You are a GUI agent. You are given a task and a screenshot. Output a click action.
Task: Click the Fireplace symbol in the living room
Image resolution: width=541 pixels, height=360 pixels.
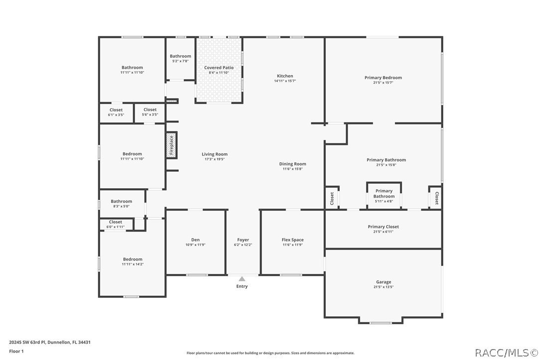click(x=171, y=145)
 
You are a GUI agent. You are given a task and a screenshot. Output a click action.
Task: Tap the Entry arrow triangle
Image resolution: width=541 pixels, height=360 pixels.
click(x=242, y=279)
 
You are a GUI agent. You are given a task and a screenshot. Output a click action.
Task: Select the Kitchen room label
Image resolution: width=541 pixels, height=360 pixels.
click(x=285, y=76)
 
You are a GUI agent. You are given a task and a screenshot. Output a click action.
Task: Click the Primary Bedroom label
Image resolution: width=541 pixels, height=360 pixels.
click(x=383, y=78)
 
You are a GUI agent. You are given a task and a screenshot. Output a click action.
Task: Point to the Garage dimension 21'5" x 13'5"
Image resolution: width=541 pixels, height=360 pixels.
click(x=383, y=287)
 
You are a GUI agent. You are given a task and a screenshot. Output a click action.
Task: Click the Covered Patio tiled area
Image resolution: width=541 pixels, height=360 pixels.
click(x=219, y=85)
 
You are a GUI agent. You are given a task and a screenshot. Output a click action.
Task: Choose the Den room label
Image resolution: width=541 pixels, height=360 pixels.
click(x=195, y=240)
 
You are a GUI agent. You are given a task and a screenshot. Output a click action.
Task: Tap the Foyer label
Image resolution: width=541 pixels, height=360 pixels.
click(x=243, y=240)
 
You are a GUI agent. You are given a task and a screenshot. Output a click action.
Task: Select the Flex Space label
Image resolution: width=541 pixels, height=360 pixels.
click(x=292, y=240)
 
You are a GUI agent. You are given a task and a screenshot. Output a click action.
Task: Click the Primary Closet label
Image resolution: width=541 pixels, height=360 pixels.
click(x=383, y=227)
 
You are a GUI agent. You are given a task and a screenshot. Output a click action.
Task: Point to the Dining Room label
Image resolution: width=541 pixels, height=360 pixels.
click(x=292, y=164)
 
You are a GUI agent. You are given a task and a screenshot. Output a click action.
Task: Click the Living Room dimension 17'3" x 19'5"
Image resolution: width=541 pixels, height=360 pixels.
click(x=215, y=159)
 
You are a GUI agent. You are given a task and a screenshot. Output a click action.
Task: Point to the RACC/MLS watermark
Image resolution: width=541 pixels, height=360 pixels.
click(x=505, y=353)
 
